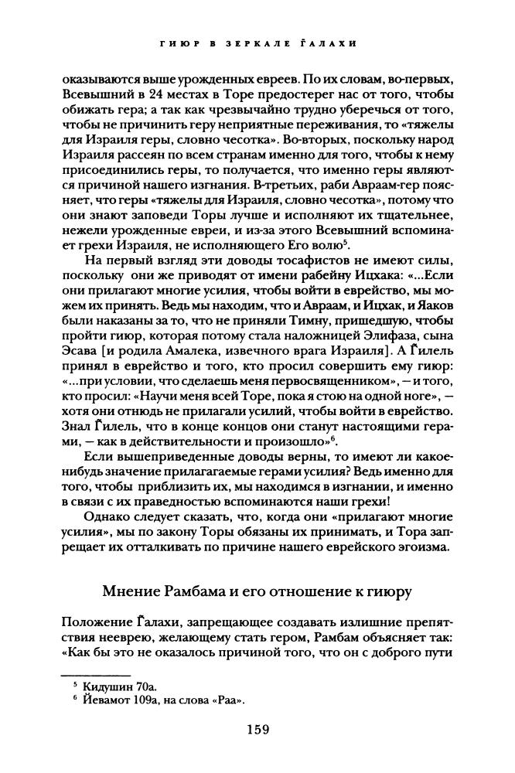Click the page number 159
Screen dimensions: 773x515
pyautogui.click(x=257, y=727)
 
